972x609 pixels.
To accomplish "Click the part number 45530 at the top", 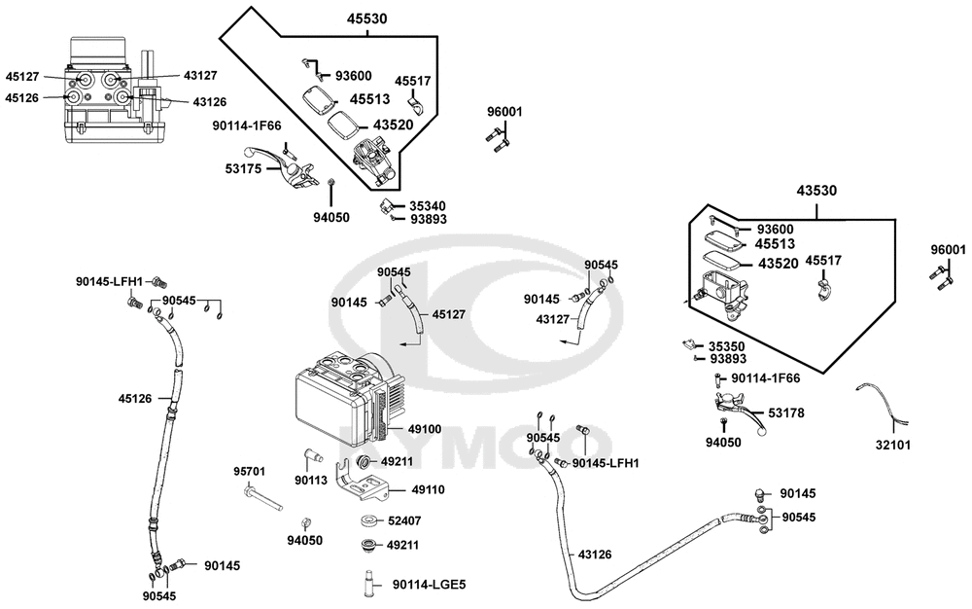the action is pyautogui.click(x=366, y=18).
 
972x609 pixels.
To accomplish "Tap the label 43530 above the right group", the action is pyautogui.click(x=816, y=191).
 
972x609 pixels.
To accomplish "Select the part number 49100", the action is pyautogui.click(x=425, y=428).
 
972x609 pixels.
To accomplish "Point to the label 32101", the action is pyautogui.click(x=893, y=445).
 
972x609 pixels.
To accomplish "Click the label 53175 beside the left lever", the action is pyautogui.click(x=244, y=168).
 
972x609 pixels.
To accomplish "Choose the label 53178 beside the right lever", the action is pyautogui.click(x=786, y=412).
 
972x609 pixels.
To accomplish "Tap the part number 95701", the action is pyautogui.click(x=249, y=471).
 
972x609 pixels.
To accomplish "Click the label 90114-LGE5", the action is pyautogui.click(x=429, y=585).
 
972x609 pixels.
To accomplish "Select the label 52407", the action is pyautogui.click(x=404, y=520).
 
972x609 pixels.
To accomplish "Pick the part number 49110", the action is pyautogui.click(x=429, y=489).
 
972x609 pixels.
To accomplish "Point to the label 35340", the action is pyautogui.click(x=428, y=206).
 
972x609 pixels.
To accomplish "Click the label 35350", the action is pyautogui.click(x=727, y=346).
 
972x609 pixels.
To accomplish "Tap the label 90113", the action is pyautogui.click(x=311, y=480).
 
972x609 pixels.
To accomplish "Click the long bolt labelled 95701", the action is pyautogui.click(x=262, y=499).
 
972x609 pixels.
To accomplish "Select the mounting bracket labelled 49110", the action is pyautogui.click(x=362, y=480).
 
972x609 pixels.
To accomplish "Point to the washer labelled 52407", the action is pyautogui.click(x=370, y=519).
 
